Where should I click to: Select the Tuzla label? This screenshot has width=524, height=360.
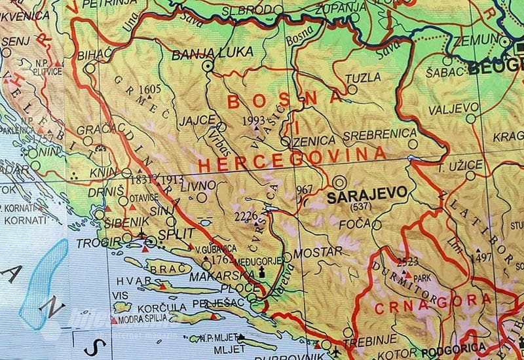(x=363, y=78)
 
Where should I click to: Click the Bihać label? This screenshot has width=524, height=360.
(x=91, y=55)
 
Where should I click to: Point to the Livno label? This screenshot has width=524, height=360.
(x=193, y=187)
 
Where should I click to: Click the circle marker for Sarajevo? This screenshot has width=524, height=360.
(x=340, y=182)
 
